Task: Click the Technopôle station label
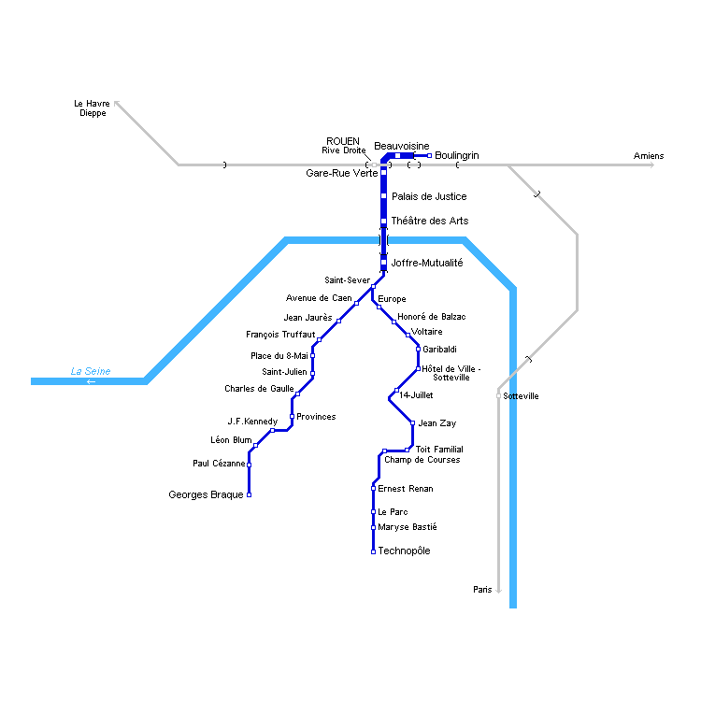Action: coord(404,551)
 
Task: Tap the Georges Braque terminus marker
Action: coord(249,495)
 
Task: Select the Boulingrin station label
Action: coord(456,155)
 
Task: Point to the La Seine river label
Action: coord(91,372)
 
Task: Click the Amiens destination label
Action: coord(649,155)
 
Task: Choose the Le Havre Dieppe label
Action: coord(92,108)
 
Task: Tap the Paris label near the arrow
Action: coord(482,590)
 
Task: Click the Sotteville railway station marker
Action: coord(498,396)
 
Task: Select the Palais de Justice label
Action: coord(429,197)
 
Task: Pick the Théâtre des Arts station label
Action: coord(430,222)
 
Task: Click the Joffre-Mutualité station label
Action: coord(427,264)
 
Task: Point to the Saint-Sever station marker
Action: coord(373,287)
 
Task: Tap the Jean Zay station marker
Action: coord(412,423)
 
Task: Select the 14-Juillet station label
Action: coord(416,395)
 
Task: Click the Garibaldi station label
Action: coord(439,350)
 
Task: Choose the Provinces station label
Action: coord(316,417)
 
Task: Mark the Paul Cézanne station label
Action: coord(219,464)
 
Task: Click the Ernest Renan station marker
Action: coord(373,489)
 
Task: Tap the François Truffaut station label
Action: coord(280,335)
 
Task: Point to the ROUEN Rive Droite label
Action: coord(344,145)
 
